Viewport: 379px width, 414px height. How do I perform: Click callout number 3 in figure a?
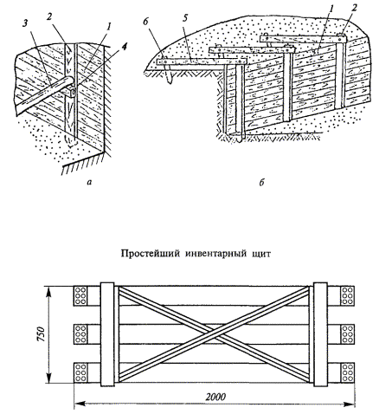tap(25, 24)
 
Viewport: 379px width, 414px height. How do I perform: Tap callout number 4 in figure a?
tap(124, 47)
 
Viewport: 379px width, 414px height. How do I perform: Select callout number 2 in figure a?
tap(48, 17)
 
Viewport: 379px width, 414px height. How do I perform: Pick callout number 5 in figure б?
tap(184, 18)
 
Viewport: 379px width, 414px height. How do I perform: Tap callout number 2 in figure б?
tap(355, 8)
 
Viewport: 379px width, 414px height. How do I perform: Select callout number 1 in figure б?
tap(331, 8)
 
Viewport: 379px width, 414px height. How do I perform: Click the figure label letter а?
tap(89, 182)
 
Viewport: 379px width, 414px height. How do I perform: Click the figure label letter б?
tap(261, 183)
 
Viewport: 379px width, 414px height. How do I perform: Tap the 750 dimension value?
tap(42, 334)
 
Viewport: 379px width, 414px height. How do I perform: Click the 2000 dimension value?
tap(215, 397)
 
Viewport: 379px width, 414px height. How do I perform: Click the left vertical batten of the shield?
tap(107, 334)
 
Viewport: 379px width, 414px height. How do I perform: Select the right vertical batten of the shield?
tap(320, 334)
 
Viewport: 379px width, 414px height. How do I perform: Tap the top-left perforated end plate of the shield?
tap(80, 295)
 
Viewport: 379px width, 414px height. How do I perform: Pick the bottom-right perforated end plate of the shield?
tap(347, 372)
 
